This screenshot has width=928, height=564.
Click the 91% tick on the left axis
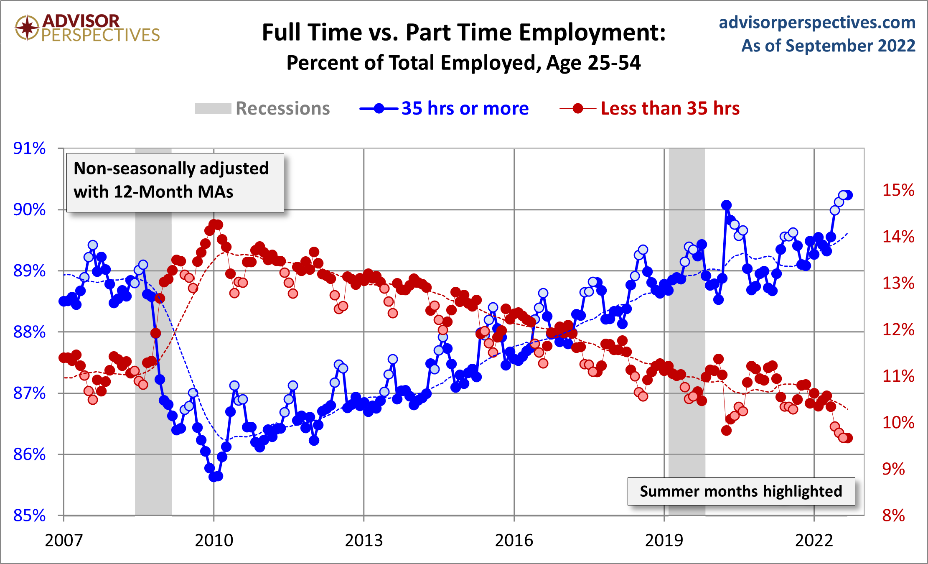pos(29,148)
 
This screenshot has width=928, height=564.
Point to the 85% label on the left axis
pos(29,516)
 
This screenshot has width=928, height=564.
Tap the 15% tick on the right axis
pos(898,190)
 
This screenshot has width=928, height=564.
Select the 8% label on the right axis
pos(893,516)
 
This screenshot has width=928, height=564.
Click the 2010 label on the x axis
pos(214,541)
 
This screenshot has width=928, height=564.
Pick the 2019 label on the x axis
pos(664,541)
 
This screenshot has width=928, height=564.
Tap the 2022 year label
pos(814,541)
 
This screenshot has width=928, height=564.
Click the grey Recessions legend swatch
pos(213,109)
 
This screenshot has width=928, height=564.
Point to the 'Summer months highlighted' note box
pos(741,491)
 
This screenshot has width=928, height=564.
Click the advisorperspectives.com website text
pos(817,23)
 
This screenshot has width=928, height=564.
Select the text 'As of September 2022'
pos(828,46)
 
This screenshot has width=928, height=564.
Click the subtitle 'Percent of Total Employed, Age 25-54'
pos(463,63)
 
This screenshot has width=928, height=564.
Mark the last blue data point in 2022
pos(848,195)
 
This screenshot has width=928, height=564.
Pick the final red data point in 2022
pos(848,438)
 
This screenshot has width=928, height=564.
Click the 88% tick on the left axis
pos(29,332)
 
